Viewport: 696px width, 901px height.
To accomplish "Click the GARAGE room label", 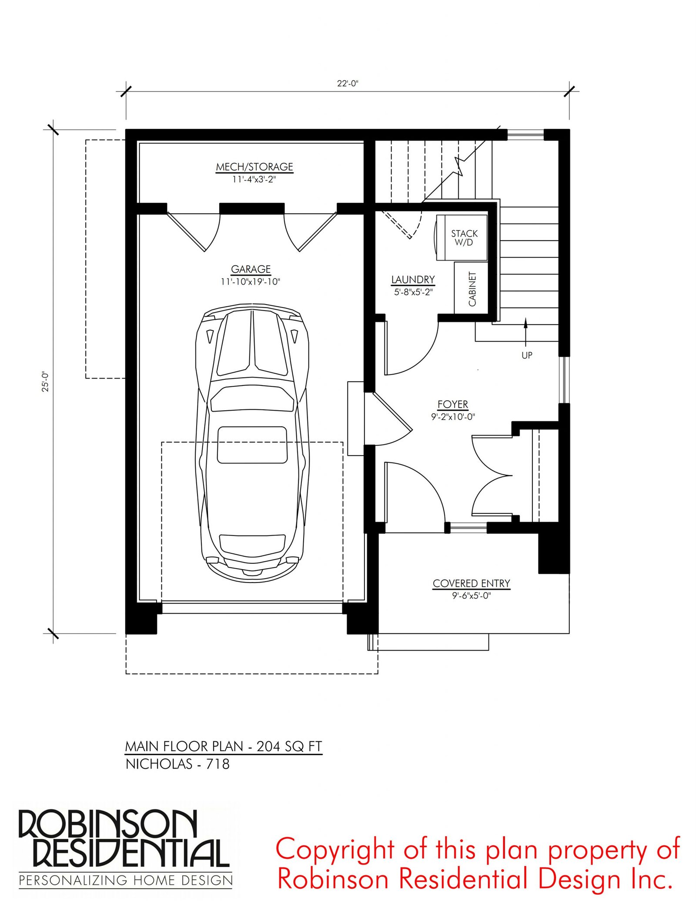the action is pyautogui.click(x=251, y=269).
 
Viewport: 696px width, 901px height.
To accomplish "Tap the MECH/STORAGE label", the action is pyautogui.click(x=254, y=167).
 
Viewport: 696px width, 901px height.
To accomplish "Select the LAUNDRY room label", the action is pyautogui.click(x=413, y=280).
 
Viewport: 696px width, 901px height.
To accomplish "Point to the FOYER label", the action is pyautogui.click(x=453, y=405).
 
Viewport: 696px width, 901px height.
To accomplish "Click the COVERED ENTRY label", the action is pyautogui.click(x=472, y=583).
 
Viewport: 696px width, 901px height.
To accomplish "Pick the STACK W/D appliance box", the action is pyautogui.click(x=462, y=238).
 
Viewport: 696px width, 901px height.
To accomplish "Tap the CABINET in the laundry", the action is pyautogui.click(x=471, y=288).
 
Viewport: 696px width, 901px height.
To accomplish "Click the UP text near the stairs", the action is pyautogui.click(x=527, y=355).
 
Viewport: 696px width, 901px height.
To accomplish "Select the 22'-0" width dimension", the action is pyautogui.click(x=348, y=84).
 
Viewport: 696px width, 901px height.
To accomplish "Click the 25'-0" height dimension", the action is pyautogui.click(x=45, y=382).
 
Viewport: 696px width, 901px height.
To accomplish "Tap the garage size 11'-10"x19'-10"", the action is pyautogui.click(x=251, y=282).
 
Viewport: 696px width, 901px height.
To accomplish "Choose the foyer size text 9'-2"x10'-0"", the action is pyautogui.click(x=453, y=417).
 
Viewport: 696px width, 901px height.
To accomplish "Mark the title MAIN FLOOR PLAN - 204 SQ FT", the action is pyautogui.click(x=224, y=747).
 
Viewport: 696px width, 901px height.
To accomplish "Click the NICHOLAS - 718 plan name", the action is pyautogui.click(x=177, y=764).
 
